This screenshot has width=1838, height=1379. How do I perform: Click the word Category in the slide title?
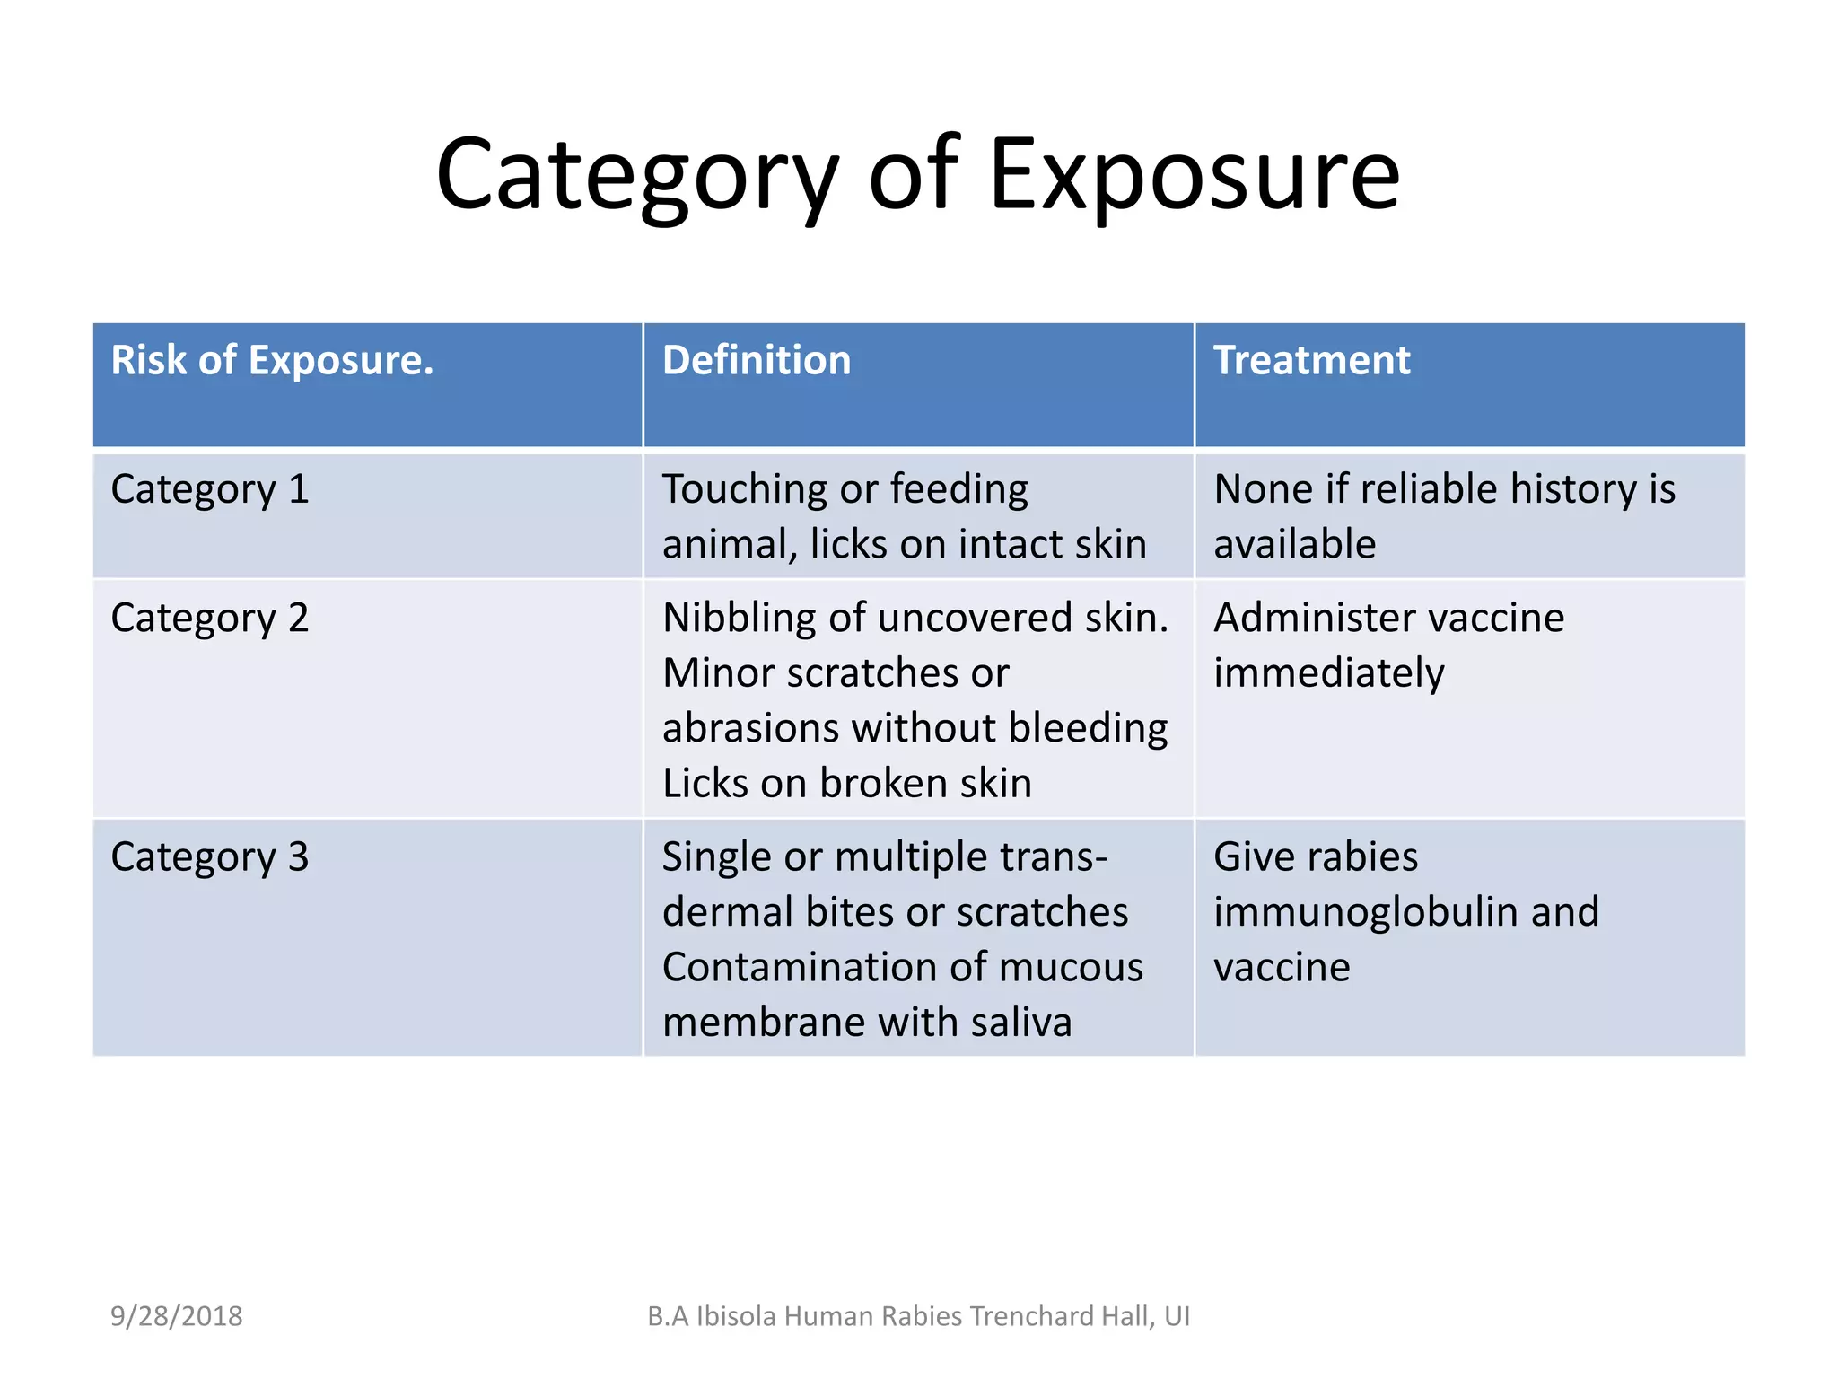(637, 175)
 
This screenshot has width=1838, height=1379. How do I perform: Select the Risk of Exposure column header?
(272, 361)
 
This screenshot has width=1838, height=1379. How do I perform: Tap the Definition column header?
(757, 361)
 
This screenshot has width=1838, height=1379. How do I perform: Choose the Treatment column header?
(1311, 361)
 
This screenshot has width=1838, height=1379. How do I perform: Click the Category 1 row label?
(210, 490)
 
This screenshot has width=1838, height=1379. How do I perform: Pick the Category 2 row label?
(210, 619)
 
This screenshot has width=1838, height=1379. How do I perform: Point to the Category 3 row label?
(210, 857)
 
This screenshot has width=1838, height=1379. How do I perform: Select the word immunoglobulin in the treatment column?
(1365, 913)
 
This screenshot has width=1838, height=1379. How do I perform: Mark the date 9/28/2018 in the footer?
(177, 1316)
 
